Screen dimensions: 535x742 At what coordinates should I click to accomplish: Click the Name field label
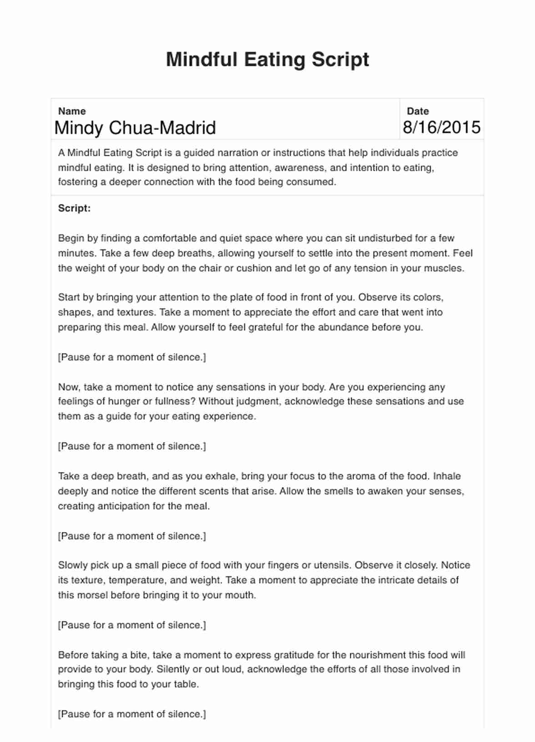coord(72,111)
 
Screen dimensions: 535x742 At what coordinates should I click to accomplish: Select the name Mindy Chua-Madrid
coord(135,128)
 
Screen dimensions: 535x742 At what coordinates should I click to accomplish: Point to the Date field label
coord(418,111)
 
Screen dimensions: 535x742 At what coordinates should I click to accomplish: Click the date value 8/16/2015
coord(441,127)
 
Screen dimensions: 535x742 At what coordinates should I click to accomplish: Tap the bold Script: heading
coord(74,208)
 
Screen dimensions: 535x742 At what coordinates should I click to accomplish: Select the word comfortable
coord(170,239)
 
